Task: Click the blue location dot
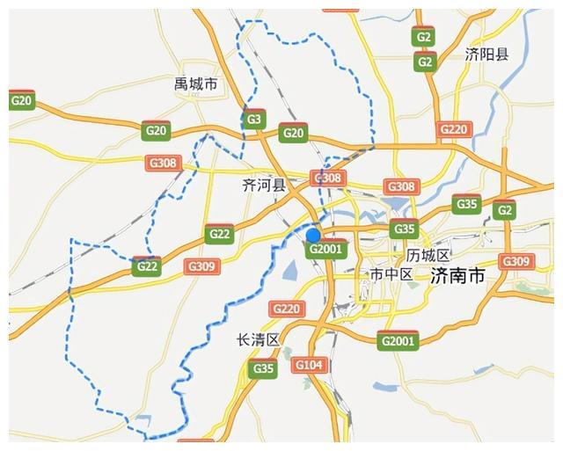tap(313, 235)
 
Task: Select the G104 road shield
tap(309, 365)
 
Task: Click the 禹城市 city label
tap(195, 84)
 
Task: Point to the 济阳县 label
tap(486, 55)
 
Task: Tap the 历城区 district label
tap(428, 255)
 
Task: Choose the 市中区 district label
tap(391, 275)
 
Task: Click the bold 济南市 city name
tap(457, 276)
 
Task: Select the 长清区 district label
tap(258, 339)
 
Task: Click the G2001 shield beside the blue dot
tap(326, 249)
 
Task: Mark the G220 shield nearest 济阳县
tap(453, 130)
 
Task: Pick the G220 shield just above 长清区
tap(286, 309)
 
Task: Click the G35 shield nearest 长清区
tap(263, 368)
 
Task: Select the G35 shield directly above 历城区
tap(403, 229)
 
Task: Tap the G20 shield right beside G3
tap(293, 134)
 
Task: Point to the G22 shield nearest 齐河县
tap(219, 234)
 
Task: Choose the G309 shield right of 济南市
tap(515, 261)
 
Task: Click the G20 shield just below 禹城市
tap(156, 130)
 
